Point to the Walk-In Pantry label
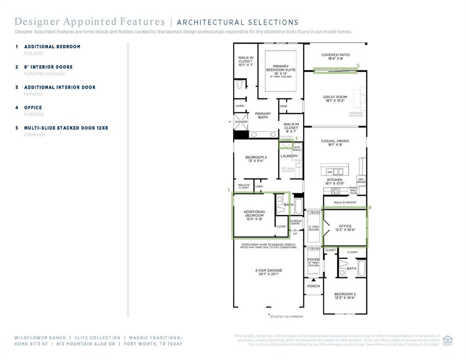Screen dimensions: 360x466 pyautogui.click(x=345, y=202)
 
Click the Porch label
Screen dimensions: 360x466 pyautogui.click(x=313, y=286)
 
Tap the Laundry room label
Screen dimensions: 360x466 pyautogui.click(x=289, y=156)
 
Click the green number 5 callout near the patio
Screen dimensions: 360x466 pyautogui.click(x=358, y=66)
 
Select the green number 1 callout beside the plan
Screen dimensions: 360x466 pyautogui.click(x=229, y=190)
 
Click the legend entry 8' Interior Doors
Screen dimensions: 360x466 pyautogui.click(x=48, y=67)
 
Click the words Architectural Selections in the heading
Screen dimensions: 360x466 pyautogui.click(x=237, y=22)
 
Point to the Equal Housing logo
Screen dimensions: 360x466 pyautogui.click(x=447, y=340)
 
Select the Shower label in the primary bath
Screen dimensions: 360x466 pyautogui.click(x=241, y=121)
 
